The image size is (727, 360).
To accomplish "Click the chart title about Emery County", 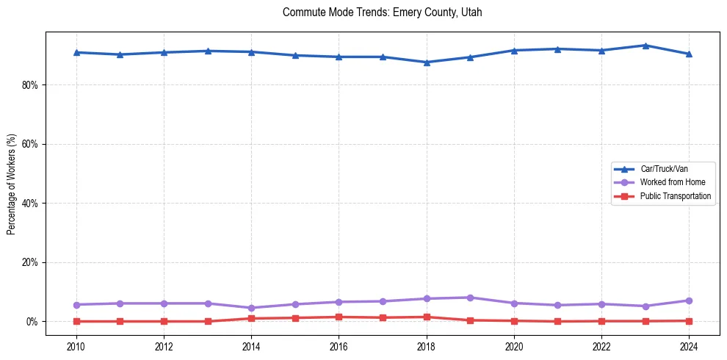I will (382, 12).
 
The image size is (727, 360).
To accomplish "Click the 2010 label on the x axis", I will (76, 346).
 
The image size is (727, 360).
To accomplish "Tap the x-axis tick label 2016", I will (339, 346).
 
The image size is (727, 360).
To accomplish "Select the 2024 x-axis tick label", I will (689, 346).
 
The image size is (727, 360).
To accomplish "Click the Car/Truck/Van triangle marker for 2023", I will (645, 46).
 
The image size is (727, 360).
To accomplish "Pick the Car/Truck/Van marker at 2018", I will (427, 62).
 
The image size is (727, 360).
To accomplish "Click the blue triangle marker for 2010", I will (76, 52).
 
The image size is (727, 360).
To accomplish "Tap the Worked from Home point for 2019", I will (470, 298).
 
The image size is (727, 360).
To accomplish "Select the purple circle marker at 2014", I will (251, 308).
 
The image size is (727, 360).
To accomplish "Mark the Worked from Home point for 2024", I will (689, 300).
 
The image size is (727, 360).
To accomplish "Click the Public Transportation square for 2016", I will (339, 317).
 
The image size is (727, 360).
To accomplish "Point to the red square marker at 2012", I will (164, 321).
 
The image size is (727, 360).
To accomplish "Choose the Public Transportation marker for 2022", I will (601, 321).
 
